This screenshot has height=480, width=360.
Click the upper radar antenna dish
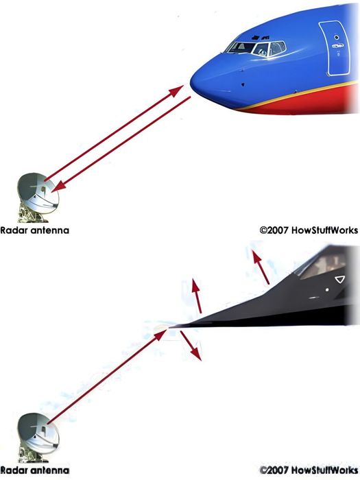point(38,193)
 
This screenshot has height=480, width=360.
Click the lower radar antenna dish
point(38,433)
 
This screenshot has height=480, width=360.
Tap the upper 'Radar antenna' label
point(34,230)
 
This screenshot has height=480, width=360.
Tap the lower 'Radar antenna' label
point(34,470)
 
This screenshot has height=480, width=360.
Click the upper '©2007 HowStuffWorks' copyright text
point(309,230)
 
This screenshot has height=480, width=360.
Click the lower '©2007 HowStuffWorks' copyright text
point(309,470)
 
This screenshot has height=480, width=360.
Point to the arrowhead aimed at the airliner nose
point(176,91)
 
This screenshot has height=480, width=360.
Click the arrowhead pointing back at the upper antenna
point(59,186)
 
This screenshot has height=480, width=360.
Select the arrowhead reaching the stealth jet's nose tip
point(160,335)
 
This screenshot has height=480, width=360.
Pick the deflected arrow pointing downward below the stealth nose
point(191,346)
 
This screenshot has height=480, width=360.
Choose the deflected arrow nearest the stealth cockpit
point(261,267)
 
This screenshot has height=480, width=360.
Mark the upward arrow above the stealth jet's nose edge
point(197,296)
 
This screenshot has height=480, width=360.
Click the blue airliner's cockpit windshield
point(256,49)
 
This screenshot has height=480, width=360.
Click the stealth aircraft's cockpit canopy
point(322,266)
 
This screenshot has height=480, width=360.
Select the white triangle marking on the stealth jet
point(340,280)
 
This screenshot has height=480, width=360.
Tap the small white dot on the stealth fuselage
point(327,289)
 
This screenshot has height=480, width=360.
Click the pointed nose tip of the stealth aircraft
point(170,327)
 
